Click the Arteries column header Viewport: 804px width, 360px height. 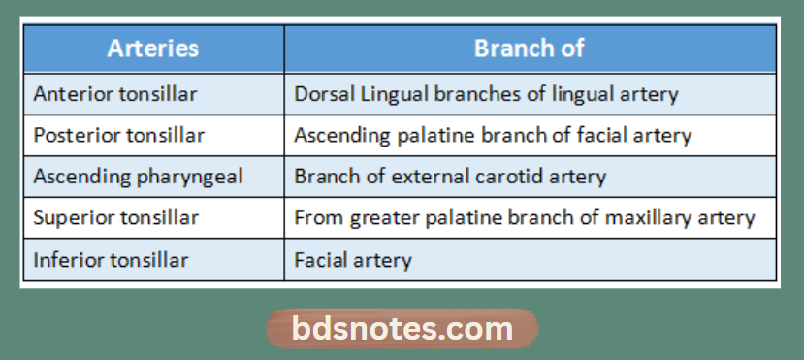(x=153, y=49)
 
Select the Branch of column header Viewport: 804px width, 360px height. (x=529, y=49)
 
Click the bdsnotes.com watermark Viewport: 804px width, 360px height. (x=402, y=329)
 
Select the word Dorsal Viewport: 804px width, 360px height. (x=320, y=94)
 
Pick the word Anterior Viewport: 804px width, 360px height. (x=69, y=94)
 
